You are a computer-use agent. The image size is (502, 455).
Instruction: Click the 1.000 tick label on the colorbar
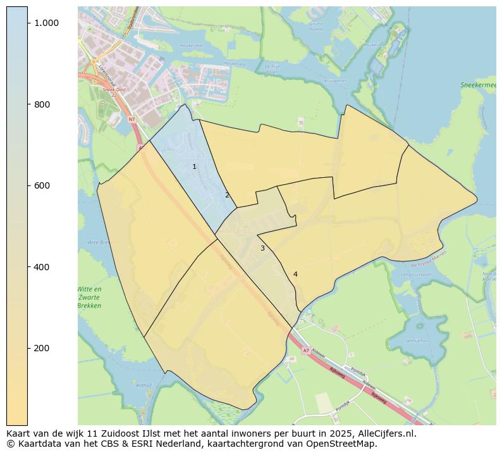(x=46, y=23)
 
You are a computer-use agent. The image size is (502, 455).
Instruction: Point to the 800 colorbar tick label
(x=42, y=104)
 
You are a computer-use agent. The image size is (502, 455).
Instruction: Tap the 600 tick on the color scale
(x=42, y=185)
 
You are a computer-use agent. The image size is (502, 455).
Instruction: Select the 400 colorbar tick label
(x=42, y=267)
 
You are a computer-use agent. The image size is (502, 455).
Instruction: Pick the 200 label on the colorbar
(x=42, y=348)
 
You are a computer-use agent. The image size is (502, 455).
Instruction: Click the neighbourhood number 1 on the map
(x=194, y=166)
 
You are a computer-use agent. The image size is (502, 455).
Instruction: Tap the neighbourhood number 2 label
(x=227, y=195)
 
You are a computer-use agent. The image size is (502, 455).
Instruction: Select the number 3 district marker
(x=262, y=248)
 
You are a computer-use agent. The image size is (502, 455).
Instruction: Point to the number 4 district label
(x=295, y=274)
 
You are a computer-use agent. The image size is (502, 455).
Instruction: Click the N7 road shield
(x=132, y=119)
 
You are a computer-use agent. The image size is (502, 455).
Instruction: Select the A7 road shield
(x=306, y=351)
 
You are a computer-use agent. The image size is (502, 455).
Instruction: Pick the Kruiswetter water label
(x=335, y=81)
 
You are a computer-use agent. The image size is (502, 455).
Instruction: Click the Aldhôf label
(x=144, y=385)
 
